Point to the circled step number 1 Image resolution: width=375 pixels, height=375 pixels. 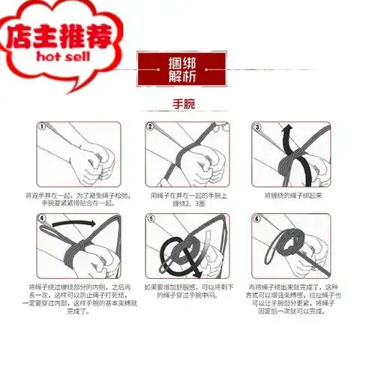click(42, 127)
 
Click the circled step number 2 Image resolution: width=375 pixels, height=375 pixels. click(150, 127)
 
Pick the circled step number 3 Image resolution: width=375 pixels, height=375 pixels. click(256, 127)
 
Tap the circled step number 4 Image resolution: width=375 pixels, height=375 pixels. click(42, 219)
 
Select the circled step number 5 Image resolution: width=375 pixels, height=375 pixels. click(150, 219)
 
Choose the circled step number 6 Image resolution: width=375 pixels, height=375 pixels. click(256, 219)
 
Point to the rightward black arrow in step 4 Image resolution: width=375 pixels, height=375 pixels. click(82, 223)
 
